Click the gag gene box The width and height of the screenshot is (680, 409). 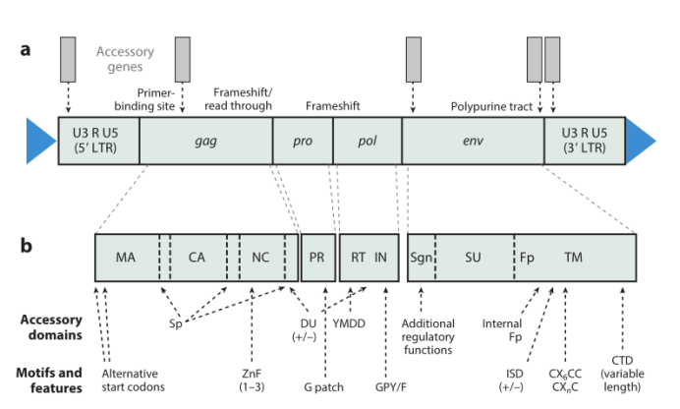205,141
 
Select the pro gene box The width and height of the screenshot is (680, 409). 302,141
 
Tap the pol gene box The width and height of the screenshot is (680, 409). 367,141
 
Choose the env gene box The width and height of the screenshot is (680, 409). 473,141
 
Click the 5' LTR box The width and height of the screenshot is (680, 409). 98,141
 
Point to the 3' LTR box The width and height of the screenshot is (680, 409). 584,141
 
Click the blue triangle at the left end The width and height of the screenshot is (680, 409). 40,140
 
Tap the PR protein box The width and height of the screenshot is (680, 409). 316,258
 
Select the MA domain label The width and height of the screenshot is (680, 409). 125,258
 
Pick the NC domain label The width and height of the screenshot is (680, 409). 260,258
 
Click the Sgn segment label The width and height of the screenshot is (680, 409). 422,258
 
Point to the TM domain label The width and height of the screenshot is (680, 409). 574,258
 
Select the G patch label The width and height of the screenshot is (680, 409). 323,387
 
